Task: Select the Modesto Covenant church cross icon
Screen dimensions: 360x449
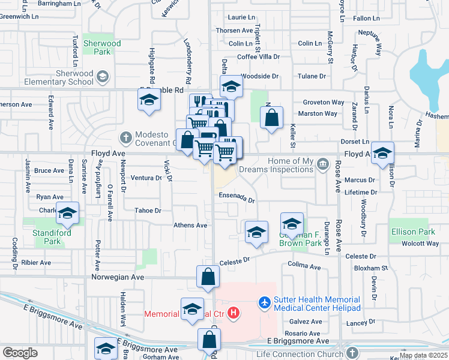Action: [125, 138]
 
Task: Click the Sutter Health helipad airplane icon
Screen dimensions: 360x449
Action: [264, 303]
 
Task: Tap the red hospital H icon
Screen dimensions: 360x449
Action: [234, 313]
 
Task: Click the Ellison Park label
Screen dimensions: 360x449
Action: [412, 232]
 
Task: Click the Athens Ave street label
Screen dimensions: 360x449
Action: [190, 225]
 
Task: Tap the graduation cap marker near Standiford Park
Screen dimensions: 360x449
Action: [68, 212]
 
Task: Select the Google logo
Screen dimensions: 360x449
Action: [20, 352]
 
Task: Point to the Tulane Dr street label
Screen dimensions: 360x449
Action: [313, 76]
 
